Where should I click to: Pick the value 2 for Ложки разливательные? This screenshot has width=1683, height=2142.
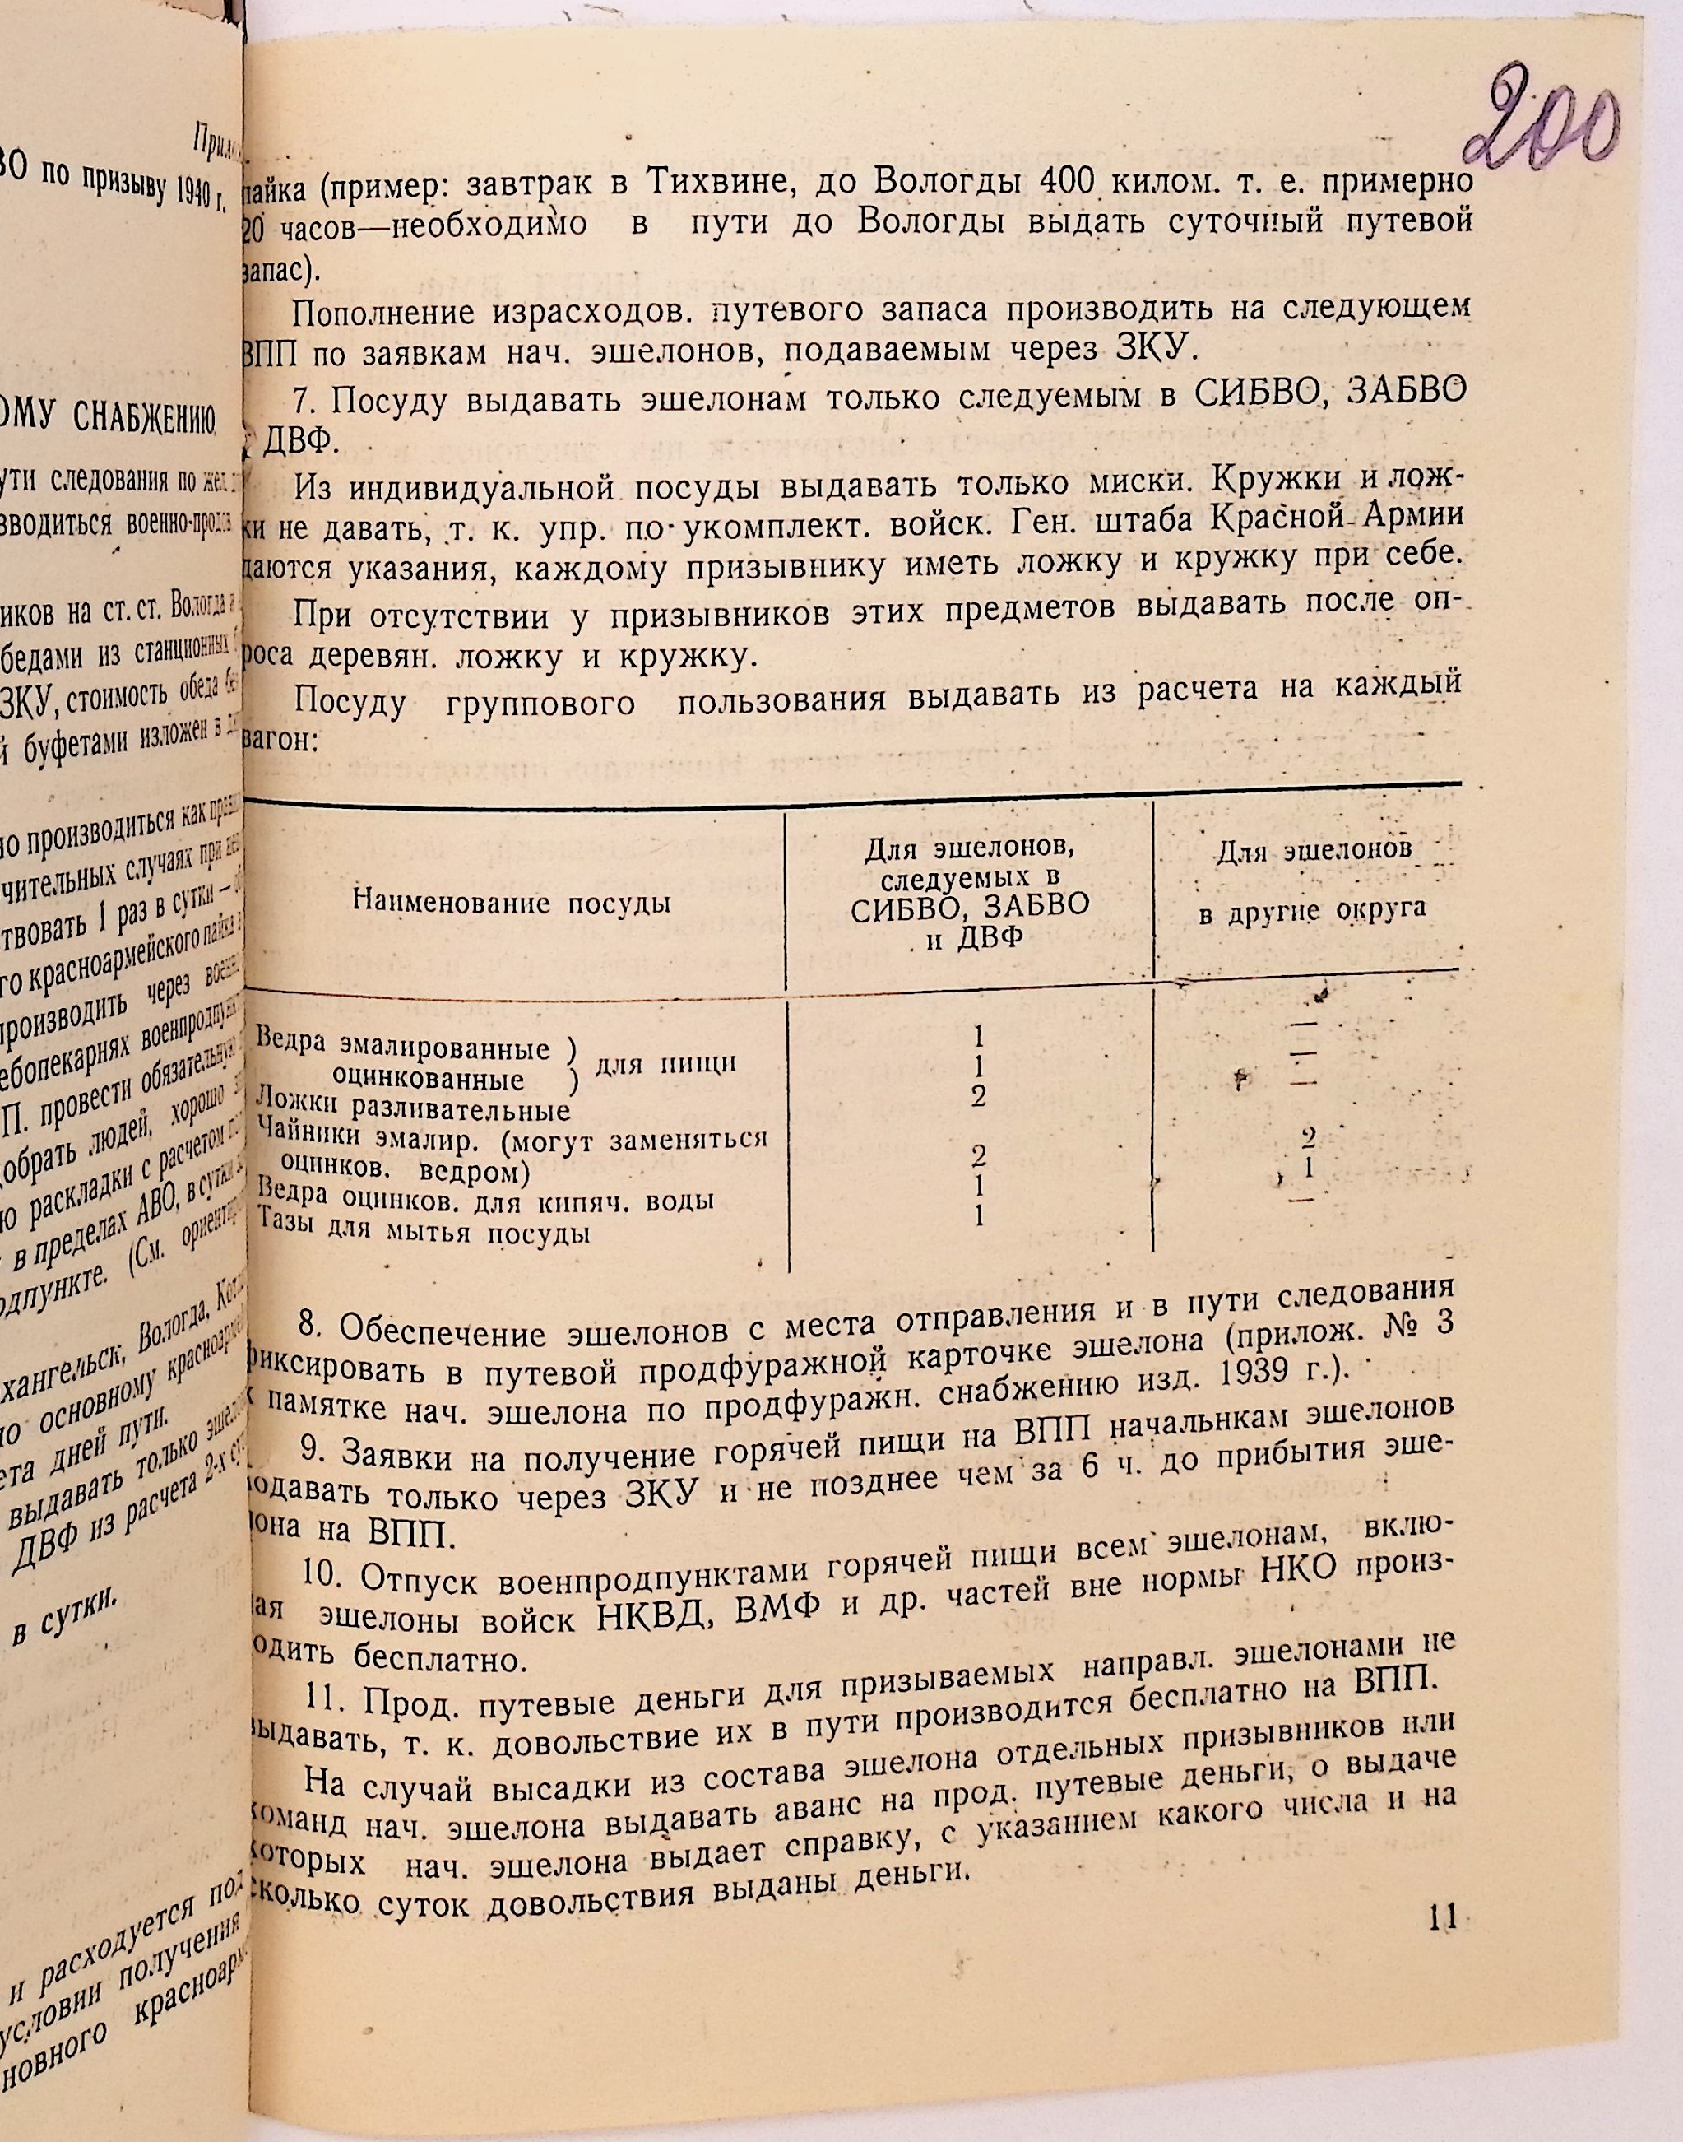tap(979, 1096)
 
